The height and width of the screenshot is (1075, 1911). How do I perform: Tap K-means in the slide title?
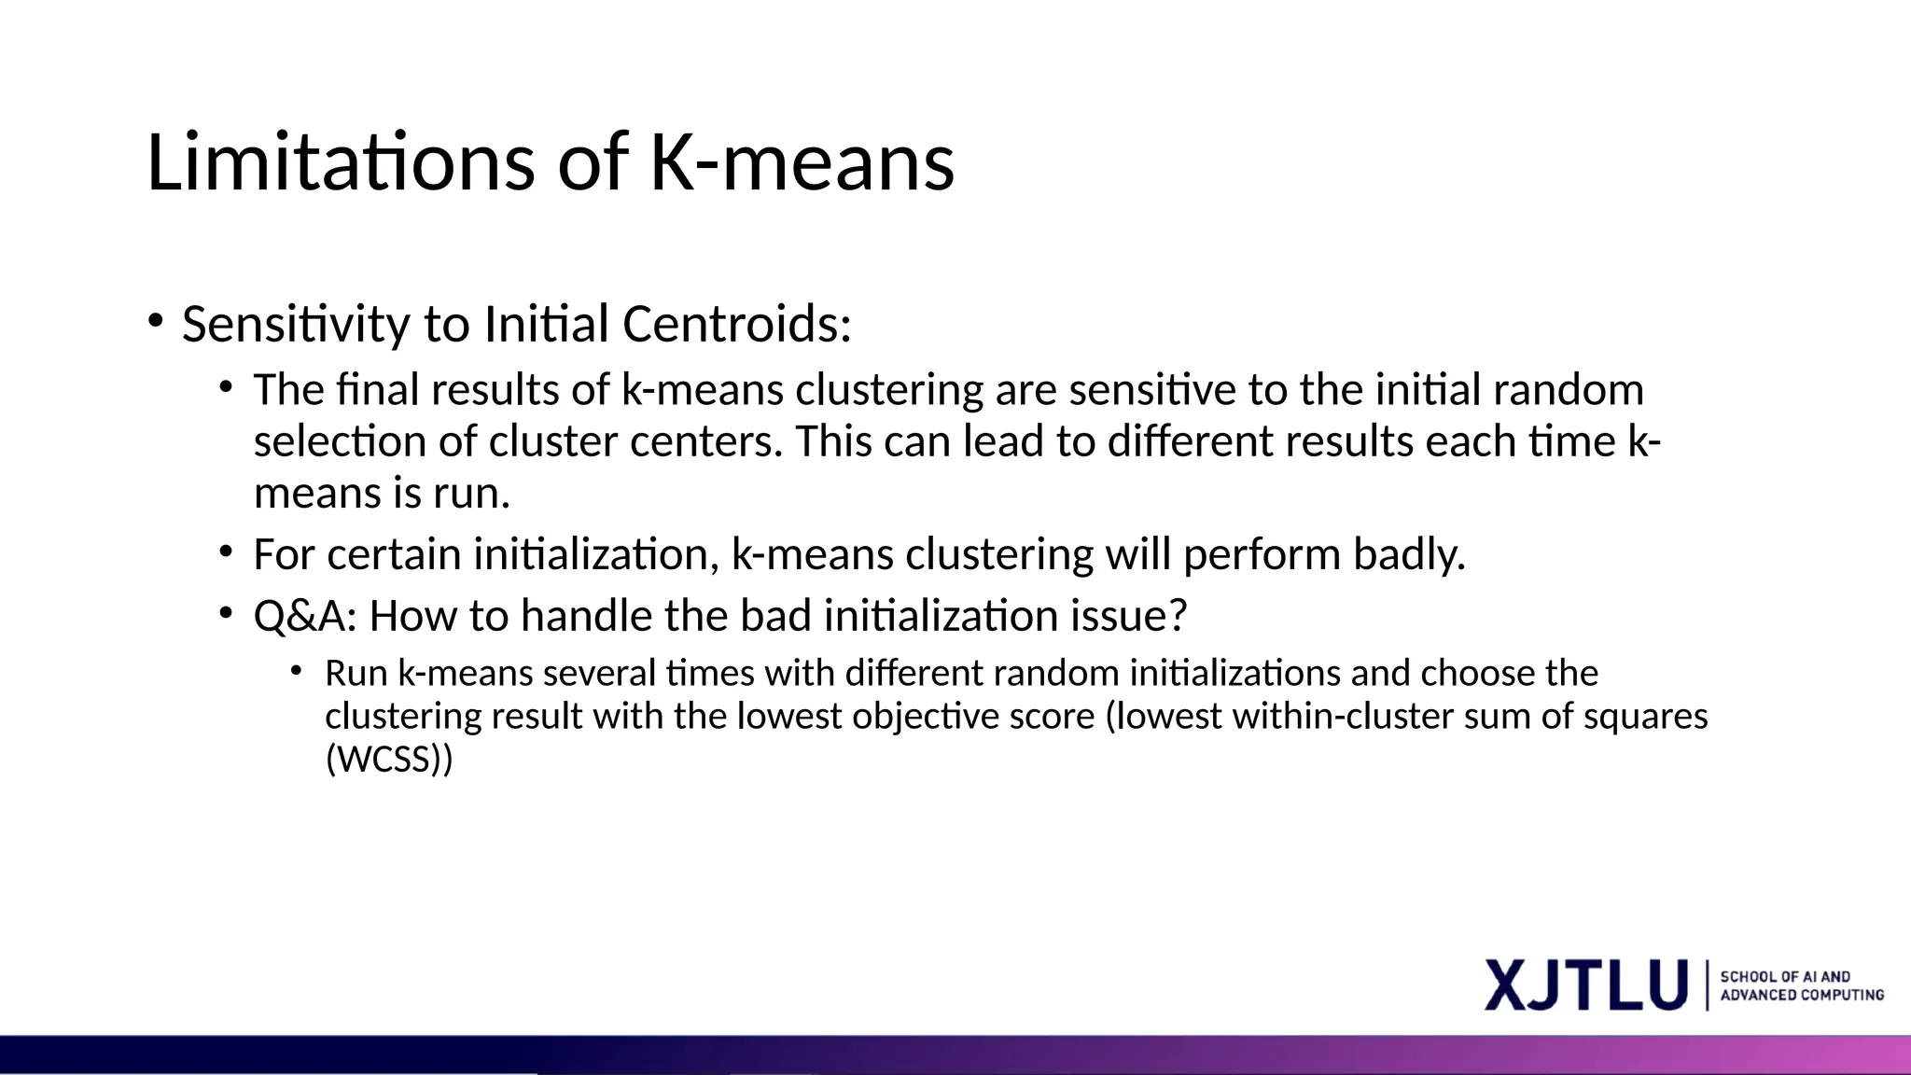click(x=802, y=162)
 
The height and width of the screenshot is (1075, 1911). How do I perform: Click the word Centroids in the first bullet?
click(x=736, y=325)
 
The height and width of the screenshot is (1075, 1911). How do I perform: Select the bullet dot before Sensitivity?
click(x=155, y=321)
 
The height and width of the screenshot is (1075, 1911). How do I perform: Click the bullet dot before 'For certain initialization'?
click(x=226, y=551)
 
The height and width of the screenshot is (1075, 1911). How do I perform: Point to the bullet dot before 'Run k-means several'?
click(x=296, y=670)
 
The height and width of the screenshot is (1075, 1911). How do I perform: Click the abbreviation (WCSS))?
click(x=389, y=759)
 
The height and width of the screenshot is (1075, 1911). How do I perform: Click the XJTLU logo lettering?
click(x=1585, y=984)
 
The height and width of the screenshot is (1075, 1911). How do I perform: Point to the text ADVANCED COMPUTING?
click(x=1801, y=996)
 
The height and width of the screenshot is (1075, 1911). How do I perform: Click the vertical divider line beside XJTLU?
click(x=1708, y=984)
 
